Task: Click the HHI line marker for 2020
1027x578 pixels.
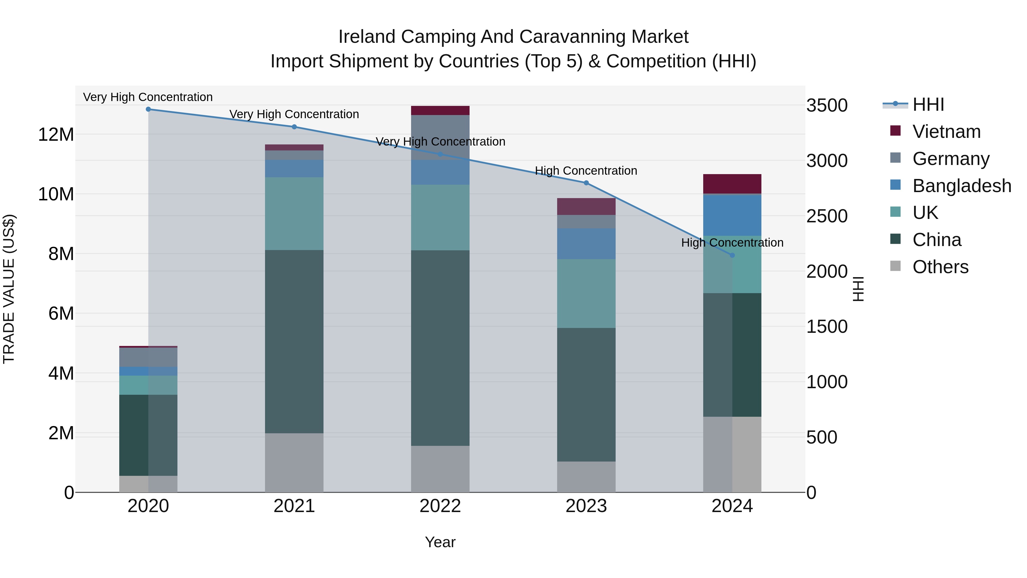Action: point(148,109)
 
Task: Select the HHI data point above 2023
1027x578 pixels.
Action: point(586,183)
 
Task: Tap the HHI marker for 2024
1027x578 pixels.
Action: point(732,255)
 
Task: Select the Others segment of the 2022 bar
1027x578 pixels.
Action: point(440,469)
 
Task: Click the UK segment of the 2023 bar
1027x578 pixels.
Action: point(586,294)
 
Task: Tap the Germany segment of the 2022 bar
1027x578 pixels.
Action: point(440,137)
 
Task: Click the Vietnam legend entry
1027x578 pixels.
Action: point(946,132)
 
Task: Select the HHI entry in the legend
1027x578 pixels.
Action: point(928,104)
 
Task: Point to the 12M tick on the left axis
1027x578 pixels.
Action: point(56,134)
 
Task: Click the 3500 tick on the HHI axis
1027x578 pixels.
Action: point(826,106)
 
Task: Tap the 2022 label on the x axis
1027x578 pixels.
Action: point(440,506)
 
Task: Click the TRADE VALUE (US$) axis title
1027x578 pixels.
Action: point(9,289)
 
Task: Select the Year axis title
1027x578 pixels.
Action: point(440,542)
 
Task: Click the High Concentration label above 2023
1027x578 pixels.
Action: point(586,171)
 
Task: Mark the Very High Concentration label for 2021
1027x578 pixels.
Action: point(294,114)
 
